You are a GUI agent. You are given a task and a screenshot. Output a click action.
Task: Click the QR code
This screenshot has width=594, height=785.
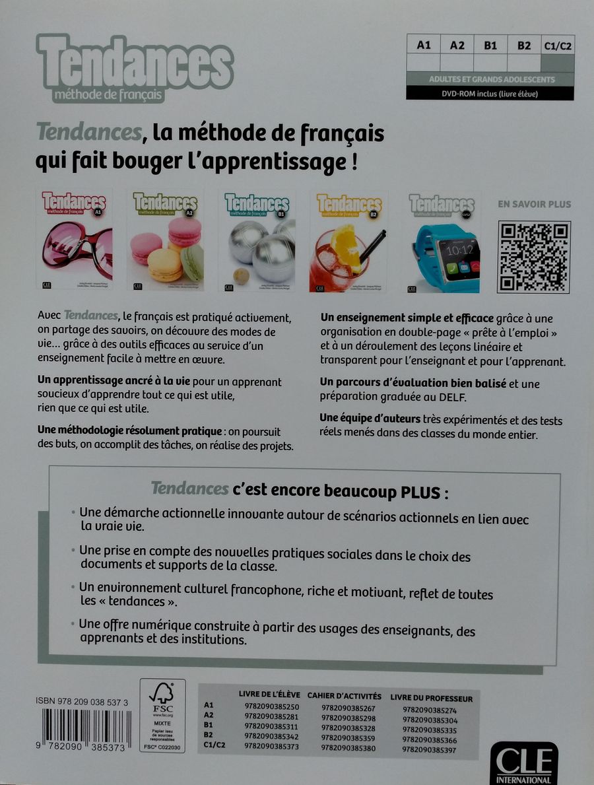click(x=533, y=257)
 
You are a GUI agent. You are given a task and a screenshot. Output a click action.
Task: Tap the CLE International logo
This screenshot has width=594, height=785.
click(x=523, y=763)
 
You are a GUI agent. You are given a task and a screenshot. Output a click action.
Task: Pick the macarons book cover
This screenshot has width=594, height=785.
click(x=165, y=240)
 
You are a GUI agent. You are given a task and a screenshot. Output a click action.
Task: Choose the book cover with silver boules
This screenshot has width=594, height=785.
click(x=257, y=240)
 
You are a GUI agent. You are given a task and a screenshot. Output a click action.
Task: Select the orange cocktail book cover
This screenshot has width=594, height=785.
click(x=348, y=242)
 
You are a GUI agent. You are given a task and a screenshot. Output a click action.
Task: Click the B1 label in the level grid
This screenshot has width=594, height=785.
click(x=490, y=46)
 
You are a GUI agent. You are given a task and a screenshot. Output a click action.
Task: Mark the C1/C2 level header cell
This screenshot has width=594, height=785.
click(x=557, y=46)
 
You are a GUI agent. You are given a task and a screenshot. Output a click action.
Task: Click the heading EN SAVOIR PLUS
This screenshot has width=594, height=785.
click(x=534, y=205)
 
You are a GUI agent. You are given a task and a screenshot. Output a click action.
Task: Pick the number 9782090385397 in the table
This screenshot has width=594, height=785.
click(x=430, y=750)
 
